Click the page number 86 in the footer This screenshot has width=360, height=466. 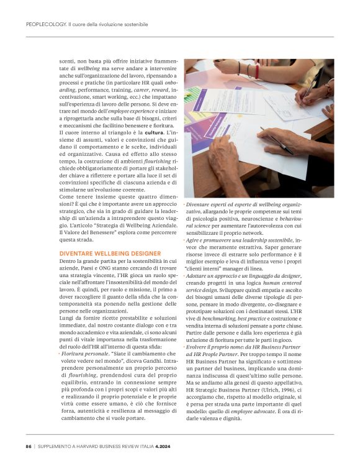coord(29,445)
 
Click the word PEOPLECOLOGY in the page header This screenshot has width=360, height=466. coord(46,24)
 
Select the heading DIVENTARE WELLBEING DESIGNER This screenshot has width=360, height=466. coord(109,254)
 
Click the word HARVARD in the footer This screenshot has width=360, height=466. coord(97,445)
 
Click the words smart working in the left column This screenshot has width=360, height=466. coord(106,97)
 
